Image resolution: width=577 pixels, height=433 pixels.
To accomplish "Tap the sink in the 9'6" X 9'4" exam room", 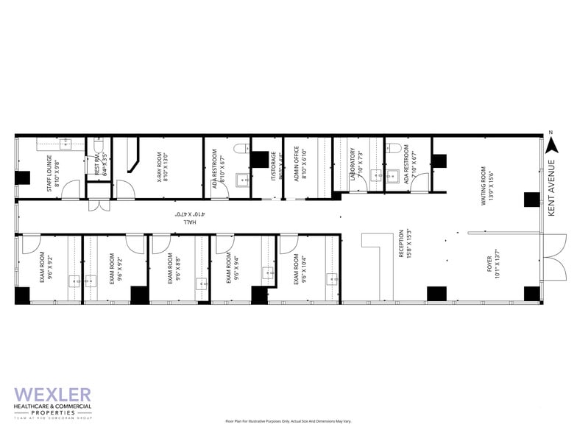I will (266, 272).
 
